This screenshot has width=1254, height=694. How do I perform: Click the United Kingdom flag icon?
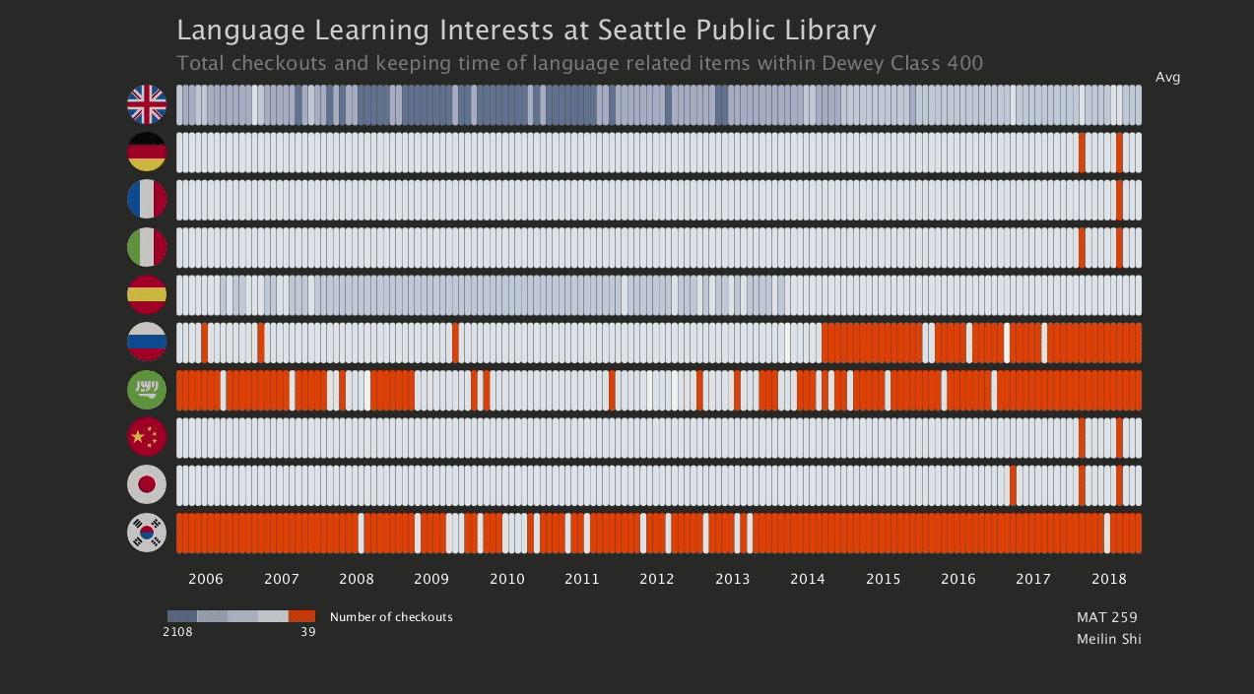coord(147,104)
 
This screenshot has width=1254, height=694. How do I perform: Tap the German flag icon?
coord(147,152)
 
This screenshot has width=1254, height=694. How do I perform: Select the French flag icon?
coord(147,199)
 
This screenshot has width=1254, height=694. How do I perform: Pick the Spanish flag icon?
coord(147,294)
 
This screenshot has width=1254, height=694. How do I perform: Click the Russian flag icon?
coord(147,342)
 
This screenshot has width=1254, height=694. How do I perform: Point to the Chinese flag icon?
coord(147,437)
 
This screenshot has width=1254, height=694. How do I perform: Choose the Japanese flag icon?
coord(147,484)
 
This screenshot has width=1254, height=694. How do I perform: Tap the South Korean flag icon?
coord(147,533)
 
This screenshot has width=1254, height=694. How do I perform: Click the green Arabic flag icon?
coord(147,389)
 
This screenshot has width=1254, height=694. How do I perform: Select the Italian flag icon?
coord(147,247)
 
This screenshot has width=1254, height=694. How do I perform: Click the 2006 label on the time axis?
coord(206,579)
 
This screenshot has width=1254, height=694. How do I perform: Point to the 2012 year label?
coord(657,579)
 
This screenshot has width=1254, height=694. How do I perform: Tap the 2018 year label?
coord(1109,579)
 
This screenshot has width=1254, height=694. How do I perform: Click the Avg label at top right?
coord(1167,78)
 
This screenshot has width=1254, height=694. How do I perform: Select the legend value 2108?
coord(177,632)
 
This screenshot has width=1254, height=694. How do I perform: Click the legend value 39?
coord(308,632)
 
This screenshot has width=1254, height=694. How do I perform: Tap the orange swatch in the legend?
coord(302,616)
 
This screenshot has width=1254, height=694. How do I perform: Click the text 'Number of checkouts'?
coord(391,617)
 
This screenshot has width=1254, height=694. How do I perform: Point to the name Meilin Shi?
coord(1109,639)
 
